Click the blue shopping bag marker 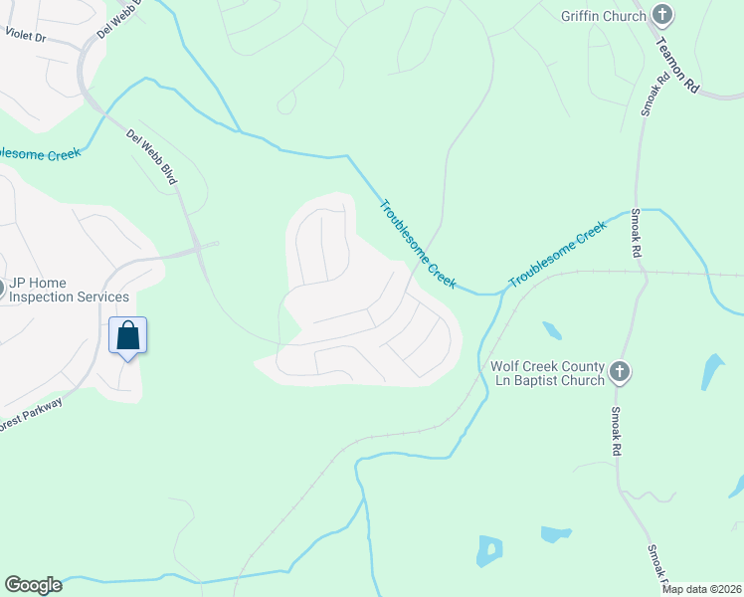(x=127, y=335)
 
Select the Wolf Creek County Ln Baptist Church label (x=548, y=372)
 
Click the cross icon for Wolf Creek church (x=620, y=372)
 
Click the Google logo (x=33, y=585)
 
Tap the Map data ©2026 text (x=701, y=589)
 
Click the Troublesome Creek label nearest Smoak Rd (x=558, y=256)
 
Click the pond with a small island (x=488, y=550)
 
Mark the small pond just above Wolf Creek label (x=551, y=329)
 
